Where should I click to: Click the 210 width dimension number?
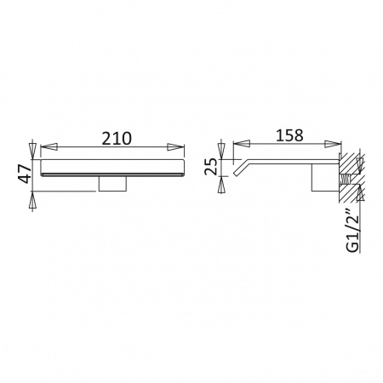(x=117, y=138)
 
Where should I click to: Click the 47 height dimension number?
(x=24, y=174)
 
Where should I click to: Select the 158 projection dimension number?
(x=289, y=135)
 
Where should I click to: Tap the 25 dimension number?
(x=211, y=166)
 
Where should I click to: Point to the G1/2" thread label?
(x=352, y=233)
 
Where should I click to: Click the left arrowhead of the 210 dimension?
(x=49, y=146)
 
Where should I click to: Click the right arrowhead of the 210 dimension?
(x=176, y=146)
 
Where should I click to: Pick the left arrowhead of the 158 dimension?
(x=242, y=144)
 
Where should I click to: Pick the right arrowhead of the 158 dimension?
(x=333, y=144)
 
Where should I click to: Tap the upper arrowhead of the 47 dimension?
(x=33, y=150)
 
